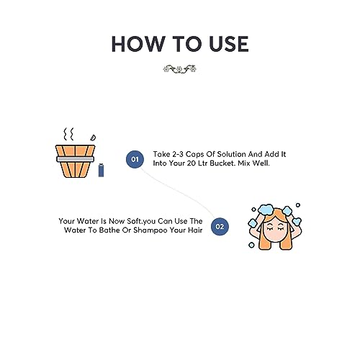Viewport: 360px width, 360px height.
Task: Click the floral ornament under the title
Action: [180, 70]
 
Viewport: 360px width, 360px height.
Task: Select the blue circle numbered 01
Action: [134, 158]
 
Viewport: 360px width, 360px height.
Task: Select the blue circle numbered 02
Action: [220, 226]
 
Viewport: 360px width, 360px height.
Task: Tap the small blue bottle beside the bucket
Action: [101, 170]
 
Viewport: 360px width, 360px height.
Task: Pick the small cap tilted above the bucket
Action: [93, 136]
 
